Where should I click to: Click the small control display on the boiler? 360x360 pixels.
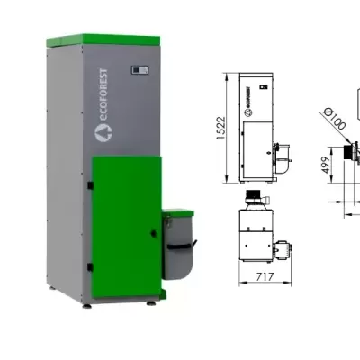pos(139,68)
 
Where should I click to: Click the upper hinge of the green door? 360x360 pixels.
pos(91,184)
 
